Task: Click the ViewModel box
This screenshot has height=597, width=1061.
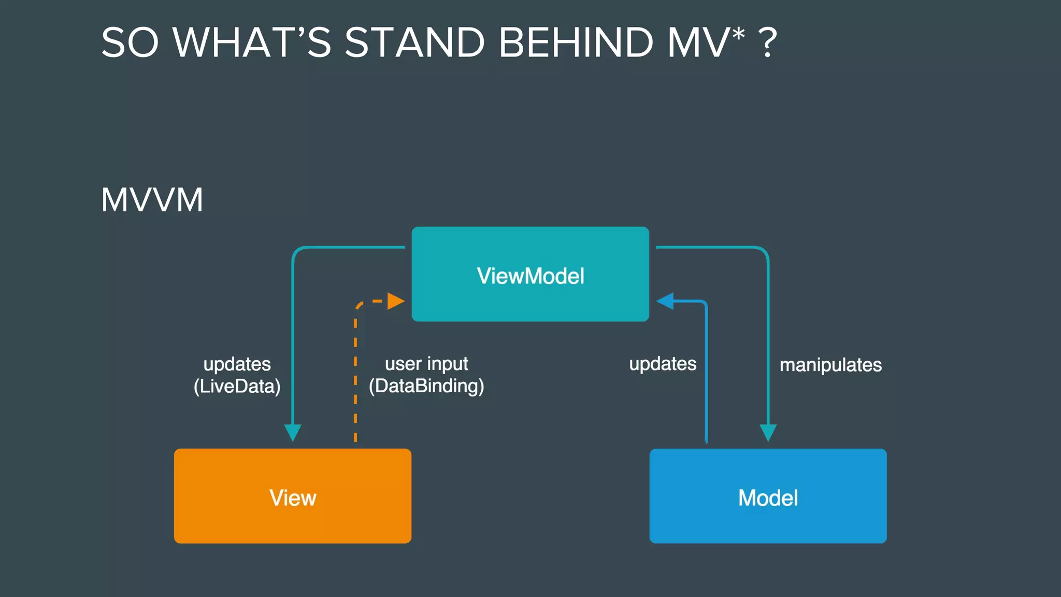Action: point(530,274)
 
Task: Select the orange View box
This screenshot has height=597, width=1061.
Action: point(293,496)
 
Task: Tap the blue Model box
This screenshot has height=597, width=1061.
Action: point(768,496)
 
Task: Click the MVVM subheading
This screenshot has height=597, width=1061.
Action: point(152,200)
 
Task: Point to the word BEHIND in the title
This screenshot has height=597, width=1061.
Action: point(576,42)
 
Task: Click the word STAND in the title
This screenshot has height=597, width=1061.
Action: point(414,42)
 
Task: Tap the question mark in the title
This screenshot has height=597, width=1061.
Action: point(767,42)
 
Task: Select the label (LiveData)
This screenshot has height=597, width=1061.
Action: point(237,387)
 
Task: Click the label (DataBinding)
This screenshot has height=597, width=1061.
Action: point(426,387)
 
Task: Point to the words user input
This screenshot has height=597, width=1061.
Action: point(426,364)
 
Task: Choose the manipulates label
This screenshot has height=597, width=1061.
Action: point(830,365)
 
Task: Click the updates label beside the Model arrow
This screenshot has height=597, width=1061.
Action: point(663,364)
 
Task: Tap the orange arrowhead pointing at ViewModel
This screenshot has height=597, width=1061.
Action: point(396,301)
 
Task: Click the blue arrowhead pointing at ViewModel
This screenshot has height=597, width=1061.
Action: point(665,301)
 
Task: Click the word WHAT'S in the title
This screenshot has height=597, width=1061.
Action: point(252,42)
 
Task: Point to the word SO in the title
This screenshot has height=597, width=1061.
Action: point(130,42)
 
